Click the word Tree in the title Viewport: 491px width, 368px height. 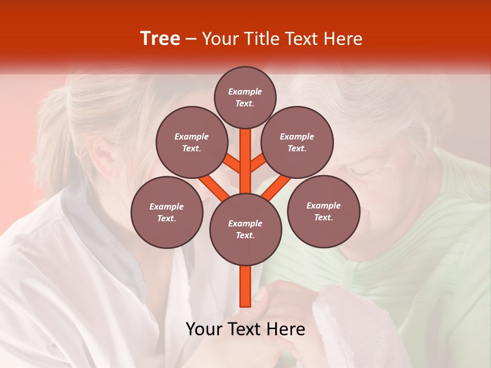point(160,39)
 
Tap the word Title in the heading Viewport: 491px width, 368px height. point(262,39)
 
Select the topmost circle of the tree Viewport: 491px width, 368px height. point(245,97)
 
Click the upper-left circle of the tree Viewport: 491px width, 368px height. point(192,143)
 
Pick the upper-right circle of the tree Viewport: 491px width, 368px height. point(297,143)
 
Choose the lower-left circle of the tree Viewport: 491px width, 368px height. point(167,212)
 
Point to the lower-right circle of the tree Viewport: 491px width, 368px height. point(323,211)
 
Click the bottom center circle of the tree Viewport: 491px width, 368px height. point(245,229)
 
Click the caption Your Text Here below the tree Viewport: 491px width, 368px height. point(245,329)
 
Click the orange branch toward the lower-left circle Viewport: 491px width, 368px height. point(212,187)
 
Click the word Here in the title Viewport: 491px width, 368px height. point(344,39)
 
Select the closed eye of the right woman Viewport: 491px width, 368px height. point(361,174)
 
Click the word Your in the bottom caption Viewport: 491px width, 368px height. point(205,329)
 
